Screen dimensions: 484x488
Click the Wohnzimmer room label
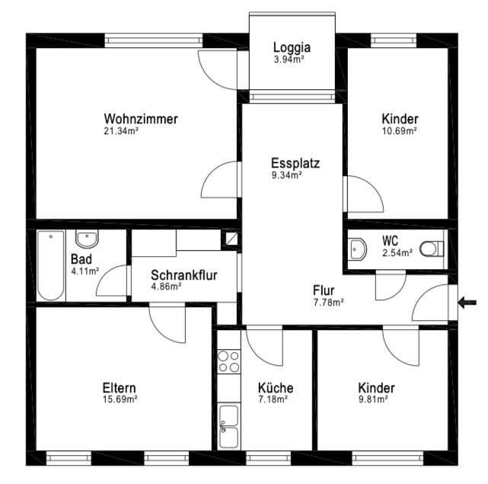(141, 119)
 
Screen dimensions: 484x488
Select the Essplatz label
(295, 162)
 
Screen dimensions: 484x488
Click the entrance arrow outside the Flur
(468, 303)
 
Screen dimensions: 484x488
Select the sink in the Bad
(88, 239)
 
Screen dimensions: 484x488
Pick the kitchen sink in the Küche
(228, 425)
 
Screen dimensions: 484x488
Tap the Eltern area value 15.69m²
(120, 399)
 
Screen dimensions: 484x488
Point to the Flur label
(327, 290)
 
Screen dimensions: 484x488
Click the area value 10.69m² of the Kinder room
(399, 130)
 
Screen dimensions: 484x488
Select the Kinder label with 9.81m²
(376, 388)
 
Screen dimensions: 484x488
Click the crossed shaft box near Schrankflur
(229, 239)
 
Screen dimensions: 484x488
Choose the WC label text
(390, 240)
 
